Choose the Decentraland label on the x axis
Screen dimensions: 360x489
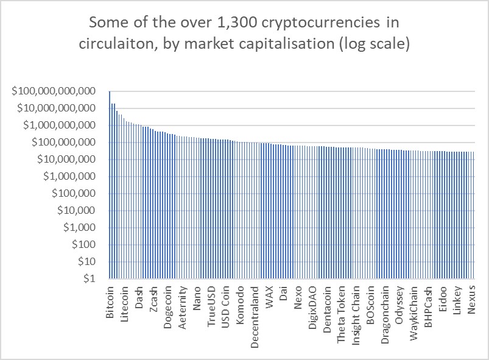pyautogui.click(x=255, y=312)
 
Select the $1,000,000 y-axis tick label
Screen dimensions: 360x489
pyautogui.click(x=71, y=177)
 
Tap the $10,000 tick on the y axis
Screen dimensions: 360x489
pyautogui.click(x=77, y=211)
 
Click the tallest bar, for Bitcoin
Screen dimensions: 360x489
pyautogui.click(x=110, y=183)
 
